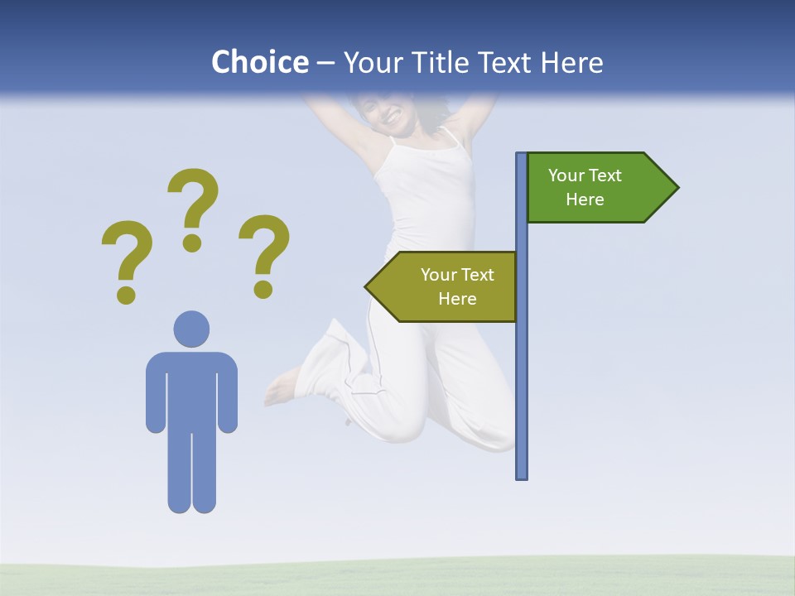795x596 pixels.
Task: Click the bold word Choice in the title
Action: pos(259,62)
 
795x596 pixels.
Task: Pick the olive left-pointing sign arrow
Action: pos(443,286)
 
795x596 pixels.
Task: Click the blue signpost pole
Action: pos(522,372)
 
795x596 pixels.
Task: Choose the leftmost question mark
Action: pos(127,252)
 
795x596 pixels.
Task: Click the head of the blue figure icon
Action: pos(191,329)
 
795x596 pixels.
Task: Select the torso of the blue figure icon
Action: pos(191,389)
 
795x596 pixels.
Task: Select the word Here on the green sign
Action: pos(585,199)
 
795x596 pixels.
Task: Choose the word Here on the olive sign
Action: pos(457,299)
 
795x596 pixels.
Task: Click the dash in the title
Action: pos(325,64)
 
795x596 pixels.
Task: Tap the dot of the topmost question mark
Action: pos(192,243)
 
